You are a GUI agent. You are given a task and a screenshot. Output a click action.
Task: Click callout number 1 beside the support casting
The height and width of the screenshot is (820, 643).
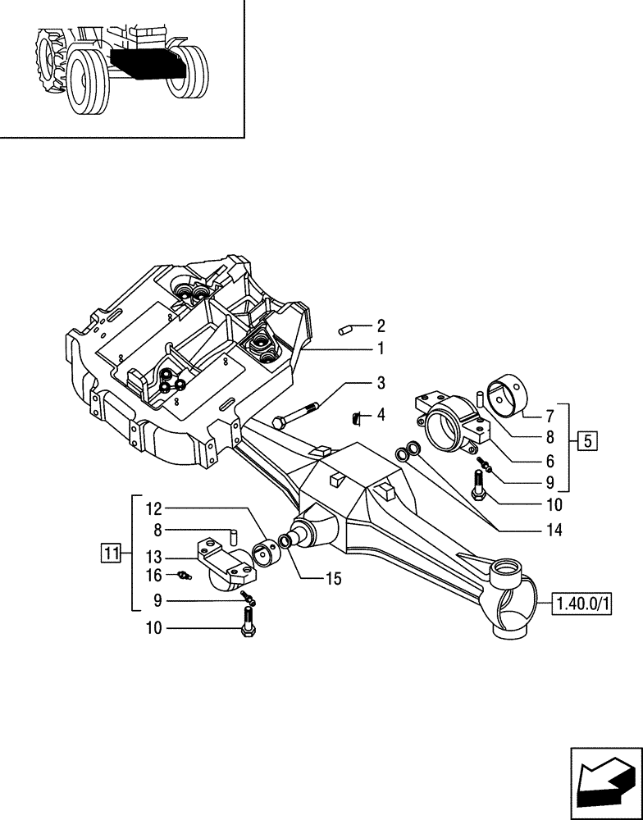coord(380,348)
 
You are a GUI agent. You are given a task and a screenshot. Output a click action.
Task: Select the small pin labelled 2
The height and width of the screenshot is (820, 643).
coord(345,330)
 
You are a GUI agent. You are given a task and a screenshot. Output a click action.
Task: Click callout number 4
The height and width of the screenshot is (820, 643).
coord(380,416)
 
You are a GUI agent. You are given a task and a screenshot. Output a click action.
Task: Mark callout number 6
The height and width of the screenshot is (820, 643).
coord(550,461)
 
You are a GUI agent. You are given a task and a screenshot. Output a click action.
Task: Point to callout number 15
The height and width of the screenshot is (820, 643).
coord(331,579)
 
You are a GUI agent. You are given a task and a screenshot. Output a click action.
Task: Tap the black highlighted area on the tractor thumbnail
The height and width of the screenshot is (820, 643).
coord(139,62)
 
